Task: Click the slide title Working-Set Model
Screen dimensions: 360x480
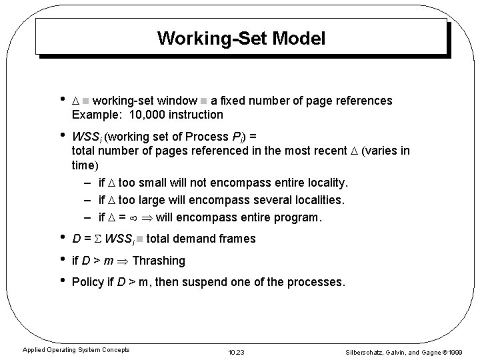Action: pos(241,39)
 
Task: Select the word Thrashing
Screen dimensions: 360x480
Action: pos(159,261)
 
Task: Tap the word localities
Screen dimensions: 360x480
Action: pos(319,200)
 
